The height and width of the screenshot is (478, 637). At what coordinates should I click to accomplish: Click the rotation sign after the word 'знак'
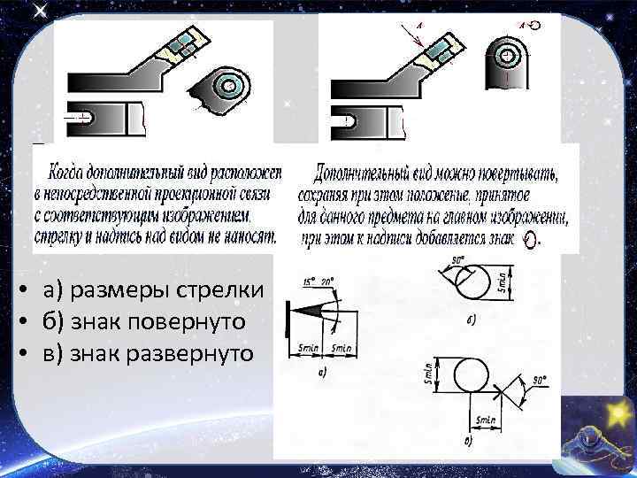pyautogui.click(x=531, y=240)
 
